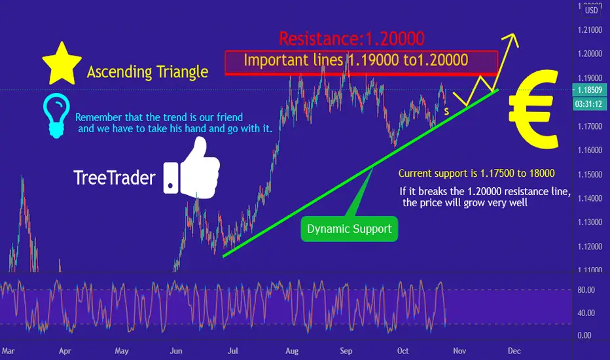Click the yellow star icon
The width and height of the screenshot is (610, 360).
click(62, 65)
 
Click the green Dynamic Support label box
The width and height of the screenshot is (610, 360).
click(350, 229)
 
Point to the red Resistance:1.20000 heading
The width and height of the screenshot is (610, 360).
click(351, 39)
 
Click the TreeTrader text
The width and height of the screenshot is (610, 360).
click(115, 178)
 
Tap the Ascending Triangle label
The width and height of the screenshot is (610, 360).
click(147, 72)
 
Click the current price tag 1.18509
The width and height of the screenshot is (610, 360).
click(589, 90)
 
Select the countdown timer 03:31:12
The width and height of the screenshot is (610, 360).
click(589, 104)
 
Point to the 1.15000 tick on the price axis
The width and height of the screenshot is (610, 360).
click(590, 174)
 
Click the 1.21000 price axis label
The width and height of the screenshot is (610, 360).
click(590, 30)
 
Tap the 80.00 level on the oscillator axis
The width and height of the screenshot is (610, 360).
click(586, 290)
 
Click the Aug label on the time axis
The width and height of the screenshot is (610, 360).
click(292, 351)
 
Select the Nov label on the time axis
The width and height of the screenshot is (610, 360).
click(459, 351)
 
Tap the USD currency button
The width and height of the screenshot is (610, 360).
click(591, 10)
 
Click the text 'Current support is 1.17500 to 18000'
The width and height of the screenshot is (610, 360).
click(476, 173)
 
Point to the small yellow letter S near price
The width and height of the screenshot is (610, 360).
click(446, 112)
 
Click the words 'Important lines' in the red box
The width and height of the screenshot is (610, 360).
click(293, 60)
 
